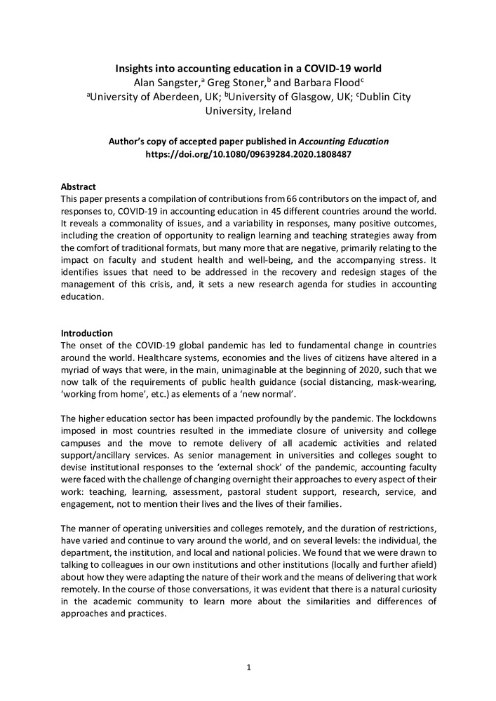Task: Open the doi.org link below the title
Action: [x=248, y=154]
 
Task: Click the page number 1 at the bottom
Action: [x=248, y=667]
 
